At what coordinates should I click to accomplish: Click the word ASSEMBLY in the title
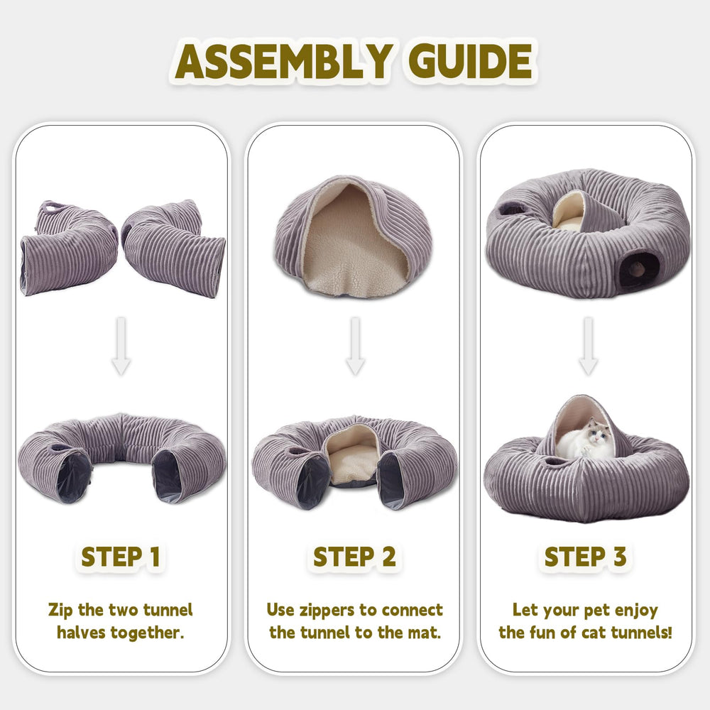point(282,62)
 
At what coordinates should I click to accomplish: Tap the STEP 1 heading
point(121,557)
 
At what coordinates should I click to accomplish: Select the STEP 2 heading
point(354,557)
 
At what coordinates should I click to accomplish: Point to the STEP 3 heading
point(586,557)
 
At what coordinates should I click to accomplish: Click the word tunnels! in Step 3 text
point(642,633)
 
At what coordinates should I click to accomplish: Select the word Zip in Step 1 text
point(61,610)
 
